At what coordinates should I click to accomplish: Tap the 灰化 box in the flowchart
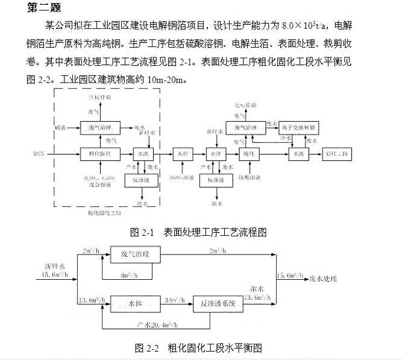(x=183, y=154)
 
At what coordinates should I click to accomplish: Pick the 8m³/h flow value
(x=127, y=276)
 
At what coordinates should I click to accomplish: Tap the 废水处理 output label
(x=322, y=279)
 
